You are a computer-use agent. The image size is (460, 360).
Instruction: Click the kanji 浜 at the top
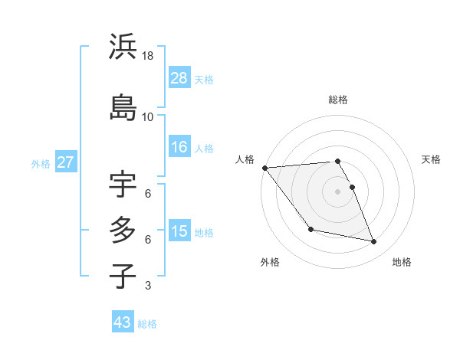click(x=123, y=47)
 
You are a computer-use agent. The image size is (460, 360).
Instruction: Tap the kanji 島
click(x=123, y=106)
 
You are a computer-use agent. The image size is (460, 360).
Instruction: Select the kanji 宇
click(x=123, y=185)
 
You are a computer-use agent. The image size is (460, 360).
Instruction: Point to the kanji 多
click(x=123, y=231)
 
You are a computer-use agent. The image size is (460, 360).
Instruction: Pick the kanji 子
click(x=123, y=276)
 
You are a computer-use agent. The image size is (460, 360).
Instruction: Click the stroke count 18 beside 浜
click(x=148, y=56)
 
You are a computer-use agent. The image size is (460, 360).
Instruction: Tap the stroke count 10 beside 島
click(x=148, y=116)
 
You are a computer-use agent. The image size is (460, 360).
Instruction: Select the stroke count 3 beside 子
click(x=148, y=286)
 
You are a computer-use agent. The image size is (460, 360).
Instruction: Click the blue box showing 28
click(x=179, y=78)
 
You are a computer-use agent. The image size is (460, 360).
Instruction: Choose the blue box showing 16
click(x=179, y=147)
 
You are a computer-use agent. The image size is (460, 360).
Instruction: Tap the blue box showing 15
click(x=179, y=231)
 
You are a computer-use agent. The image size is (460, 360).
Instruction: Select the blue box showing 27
click(x=65, y=162)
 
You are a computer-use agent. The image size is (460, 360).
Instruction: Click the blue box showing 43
click(x=123, y=322)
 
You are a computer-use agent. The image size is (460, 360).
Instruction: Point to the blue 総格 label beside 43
click(x=147, y=324)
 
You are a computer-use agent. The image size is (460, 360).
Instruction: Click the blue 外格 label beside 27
click(x=41, y=163)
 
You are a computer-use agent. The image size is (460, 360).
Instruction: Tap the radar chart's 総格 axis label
click(x=338, y=100)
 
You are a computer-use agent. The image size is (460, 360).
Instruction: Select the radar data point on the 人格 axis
click(x=265, y=168)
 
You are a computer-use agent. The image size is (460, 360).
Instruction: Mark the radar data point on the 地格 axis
click(x=374, y=242)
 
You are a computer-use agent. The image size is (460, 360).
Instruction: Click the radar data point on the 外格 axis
click(x=310, y=229)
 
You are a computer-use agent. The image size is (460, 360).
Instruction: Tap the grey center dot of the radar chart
click(x=338, y=191)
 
